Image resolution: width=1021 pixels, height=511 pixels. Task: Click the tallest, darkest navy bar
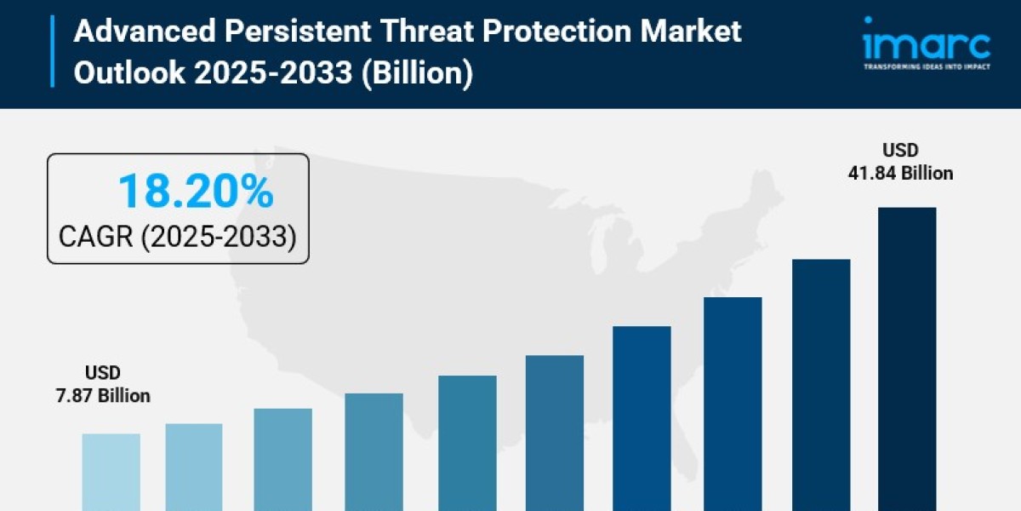click(x=907, y=358)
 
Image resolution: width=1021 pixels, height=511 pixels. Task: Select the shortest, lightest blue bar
click(x=111, y=472)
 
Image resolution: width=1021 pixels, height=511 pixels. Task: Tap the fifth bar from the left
click(x=467, y=443)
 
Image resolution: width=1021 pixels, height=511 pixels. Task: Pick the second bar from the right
click(x=821, y=383)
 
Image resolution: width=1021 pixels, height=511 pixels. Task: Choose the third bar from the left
click(x=282, y=459)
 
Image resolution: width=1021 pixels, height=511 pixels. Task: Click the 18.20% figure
click(x=196, y=192)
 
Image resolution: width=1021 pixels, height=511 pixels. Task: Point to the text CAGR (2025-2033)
click(x=177, y=237)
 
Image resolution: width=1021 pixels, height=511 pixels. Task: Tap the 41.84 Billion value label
click(x=900, y=173)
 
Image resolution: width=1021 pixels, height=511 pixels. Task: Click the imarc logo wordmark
click(x=926, y=43)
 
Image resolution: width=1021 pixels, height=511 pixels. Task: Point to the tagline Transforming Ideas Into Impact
click(x=926, y=66)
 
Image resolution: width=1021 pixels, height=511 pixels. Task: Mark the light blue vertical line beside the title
click(x=53, y=51)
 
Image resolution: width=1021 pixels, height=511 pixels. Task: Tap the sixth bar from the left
click(x=555, y=433)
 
